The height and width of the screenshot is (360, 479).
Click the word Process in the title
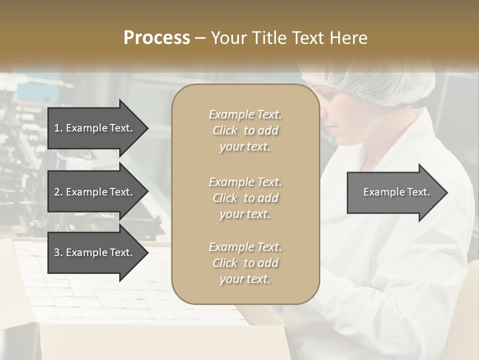coord(157,37)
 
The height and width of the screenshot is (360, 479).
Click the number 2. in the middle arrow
coord(58,192)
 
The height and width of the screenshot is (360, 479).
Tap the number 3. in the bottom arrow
coord(58,252)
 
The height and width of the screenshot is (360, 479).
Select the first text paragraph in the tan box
coord(245,130)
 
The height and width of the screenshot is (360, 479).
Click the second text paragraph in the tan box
coord(245,198)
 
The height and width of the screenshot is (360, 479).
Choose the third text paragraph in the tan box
coord(245,263)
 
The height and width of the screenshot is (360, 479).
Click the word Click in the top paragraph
coord(225,130)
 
